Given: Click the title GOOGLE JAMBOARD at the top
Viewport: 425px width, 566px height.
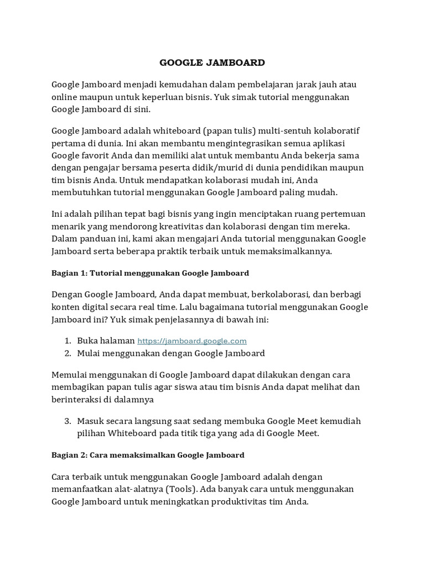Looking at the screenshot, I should point(212,62).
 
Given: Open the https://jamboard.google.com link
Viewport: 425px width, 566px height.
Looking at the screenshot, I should point(192,341).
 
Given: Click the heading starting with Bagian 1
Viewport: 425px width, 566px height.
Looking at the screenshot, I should point(150,273).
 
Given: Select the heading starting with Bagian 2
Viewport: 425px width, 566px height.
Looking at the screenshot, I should point(148,455).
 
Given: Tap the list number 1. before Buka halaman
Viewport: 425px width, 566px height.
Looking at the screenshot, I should point(68,341).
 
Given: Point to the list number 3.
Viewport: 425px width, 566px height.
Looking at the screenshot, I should point(68,421).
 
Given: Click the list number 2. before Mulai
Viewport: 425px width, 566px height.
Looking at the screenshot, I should point(68,353).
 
